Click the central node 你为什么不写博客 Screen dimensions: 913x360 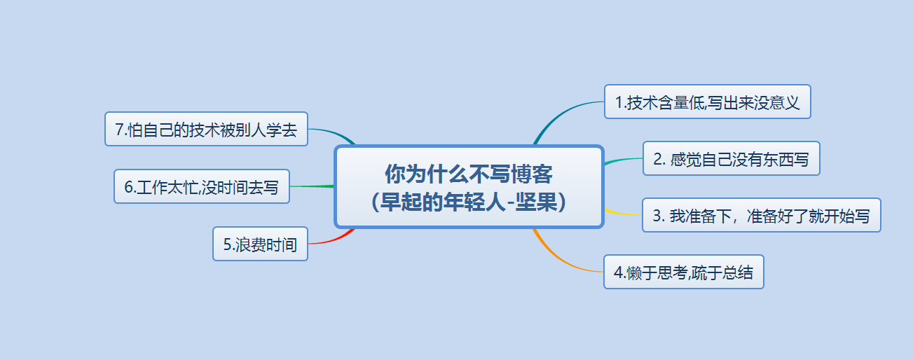468,186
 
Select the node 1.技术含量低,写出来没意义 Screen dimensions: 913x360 707,102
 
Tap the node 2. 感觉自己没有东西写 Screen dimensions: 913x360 731,159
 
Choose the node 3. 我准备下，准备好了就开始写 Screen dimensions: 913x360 761,216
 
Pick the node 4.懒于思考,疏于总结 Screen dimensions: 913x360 683,272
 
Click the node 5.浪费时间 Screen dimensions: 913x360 260,244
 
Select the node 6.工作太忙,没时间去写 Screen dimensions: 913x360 202,187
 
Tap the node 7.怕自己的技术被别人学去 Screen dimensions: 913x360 206,129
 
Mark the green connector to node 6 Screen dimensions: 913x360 312,186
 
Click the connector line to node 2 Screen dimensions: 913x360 624,160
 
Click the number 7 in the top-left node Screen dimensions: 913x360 119,130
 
